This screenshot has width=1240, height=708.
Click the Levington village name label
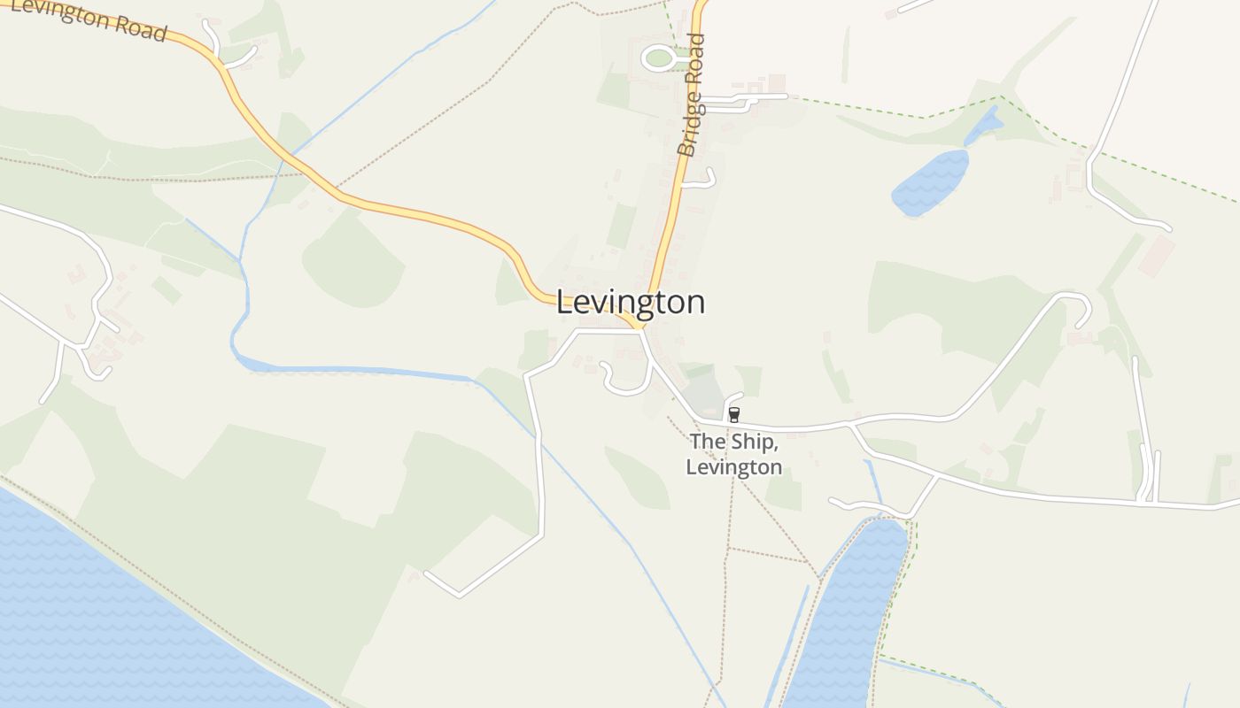[x=631, y=302]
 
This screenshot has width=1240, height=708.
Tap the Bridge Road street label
[x=691, y=96]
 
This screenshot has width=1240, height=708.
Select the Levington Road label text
[x=89, y=18]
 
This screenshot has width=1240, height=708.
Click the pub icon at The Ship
[x=733, y=414]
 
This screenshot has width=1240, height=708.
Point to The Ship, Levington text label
[x=733, y=453]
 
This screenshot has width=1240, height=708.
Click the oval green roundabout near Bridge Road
[x=658, y=58]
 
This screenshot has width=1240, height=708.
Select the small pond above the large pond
[x=983, y=126]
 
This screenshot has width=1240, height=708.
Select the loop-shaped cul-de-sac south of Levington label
[x=625, y=381]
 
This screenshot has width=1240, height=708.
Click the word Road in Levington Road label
[x=133, y=27]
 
